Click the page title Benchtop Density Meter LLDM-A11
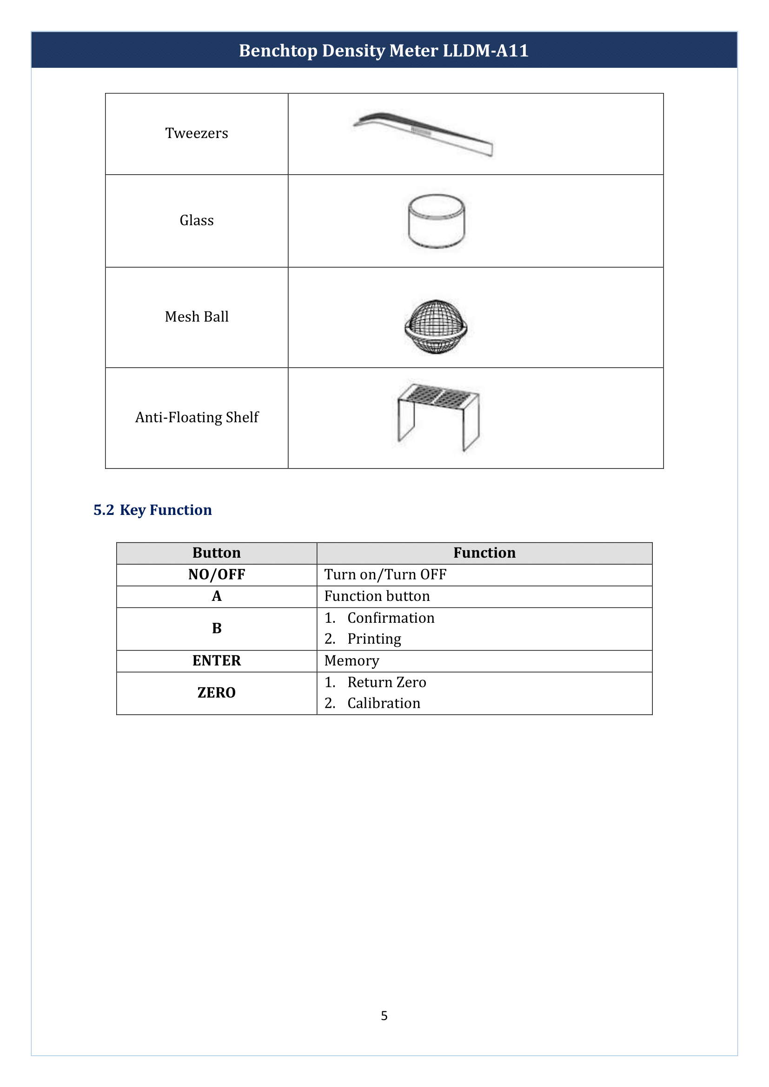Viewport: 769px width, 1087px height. click(x=384, y=51)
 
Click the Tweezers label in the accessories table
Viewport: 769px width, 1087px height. click(x=197, y=133)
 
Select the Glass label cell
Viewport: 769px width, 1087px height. click(x=197, y=221)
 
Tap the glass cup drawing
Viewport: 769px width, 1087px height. click(x=436, y=221)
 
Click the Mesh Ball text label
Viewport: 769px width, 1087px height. click(x=197, y=317)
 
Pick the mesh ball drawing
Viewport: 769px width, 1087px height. click(x=436, y=327)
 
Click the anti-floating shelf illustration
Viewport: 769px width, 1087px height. click(x=438, y=416)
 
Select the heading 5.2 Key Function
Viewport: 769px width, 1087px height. click(x=152, y=510)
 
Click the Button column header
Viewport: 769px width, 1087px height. click(x=216, y=553)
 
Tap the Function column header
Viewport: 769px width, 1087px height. click(x=484, y=553)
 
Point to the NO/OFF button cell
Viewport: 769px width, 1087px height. click(x=216, y=575)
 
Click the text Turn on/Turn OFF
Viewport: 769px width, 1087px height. click(x=385, y=575)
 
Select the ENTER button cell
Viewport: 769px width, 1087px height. click(x=216, y=661)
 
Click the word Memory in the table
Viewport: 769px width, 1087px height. click(x=351, y=661)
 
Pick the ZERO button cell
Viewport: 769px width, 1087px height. click(x=216, y=693)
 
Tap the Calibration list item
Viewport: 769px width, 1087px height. click(x=384, y=704)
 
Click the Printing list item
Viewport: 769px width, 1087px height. click(x=374, y=639)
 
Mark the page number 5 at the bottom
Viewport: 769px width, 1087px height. click(x=384, y=1015)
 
